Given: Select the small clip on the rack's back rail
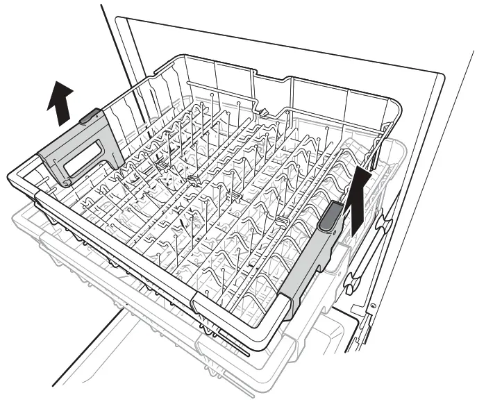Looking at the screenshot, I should [x=264, y=111].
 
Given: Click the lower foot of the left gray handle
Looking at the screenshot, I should [x=66, y=182].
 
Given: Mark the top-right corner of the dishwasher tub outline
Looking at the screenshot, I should [x=443, y=72].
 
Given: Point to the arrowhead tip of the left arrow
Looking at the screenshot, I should [x=61, y=81].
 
